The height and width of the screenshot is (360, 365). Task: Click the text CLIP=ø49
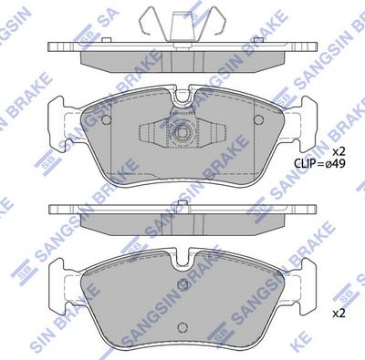pos(319,164)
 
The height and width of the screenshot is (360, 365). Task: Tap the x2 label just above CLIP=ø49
pos(339,151)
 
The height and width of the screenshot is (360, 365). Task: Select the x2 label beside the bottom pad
pos(339,314)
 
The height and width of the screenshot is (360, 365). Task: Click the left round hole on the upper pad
pos(106,119)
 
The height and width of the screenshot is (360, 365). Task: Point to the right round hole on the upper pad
pos(259,119)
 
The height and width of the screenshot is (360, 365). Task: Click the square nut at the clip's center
pos(182,133)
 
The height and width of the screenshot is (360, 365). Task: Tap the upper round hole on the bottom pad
pos(182,284)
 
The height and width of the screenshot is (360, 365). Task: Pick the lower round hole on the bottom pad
pos(182,326)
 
